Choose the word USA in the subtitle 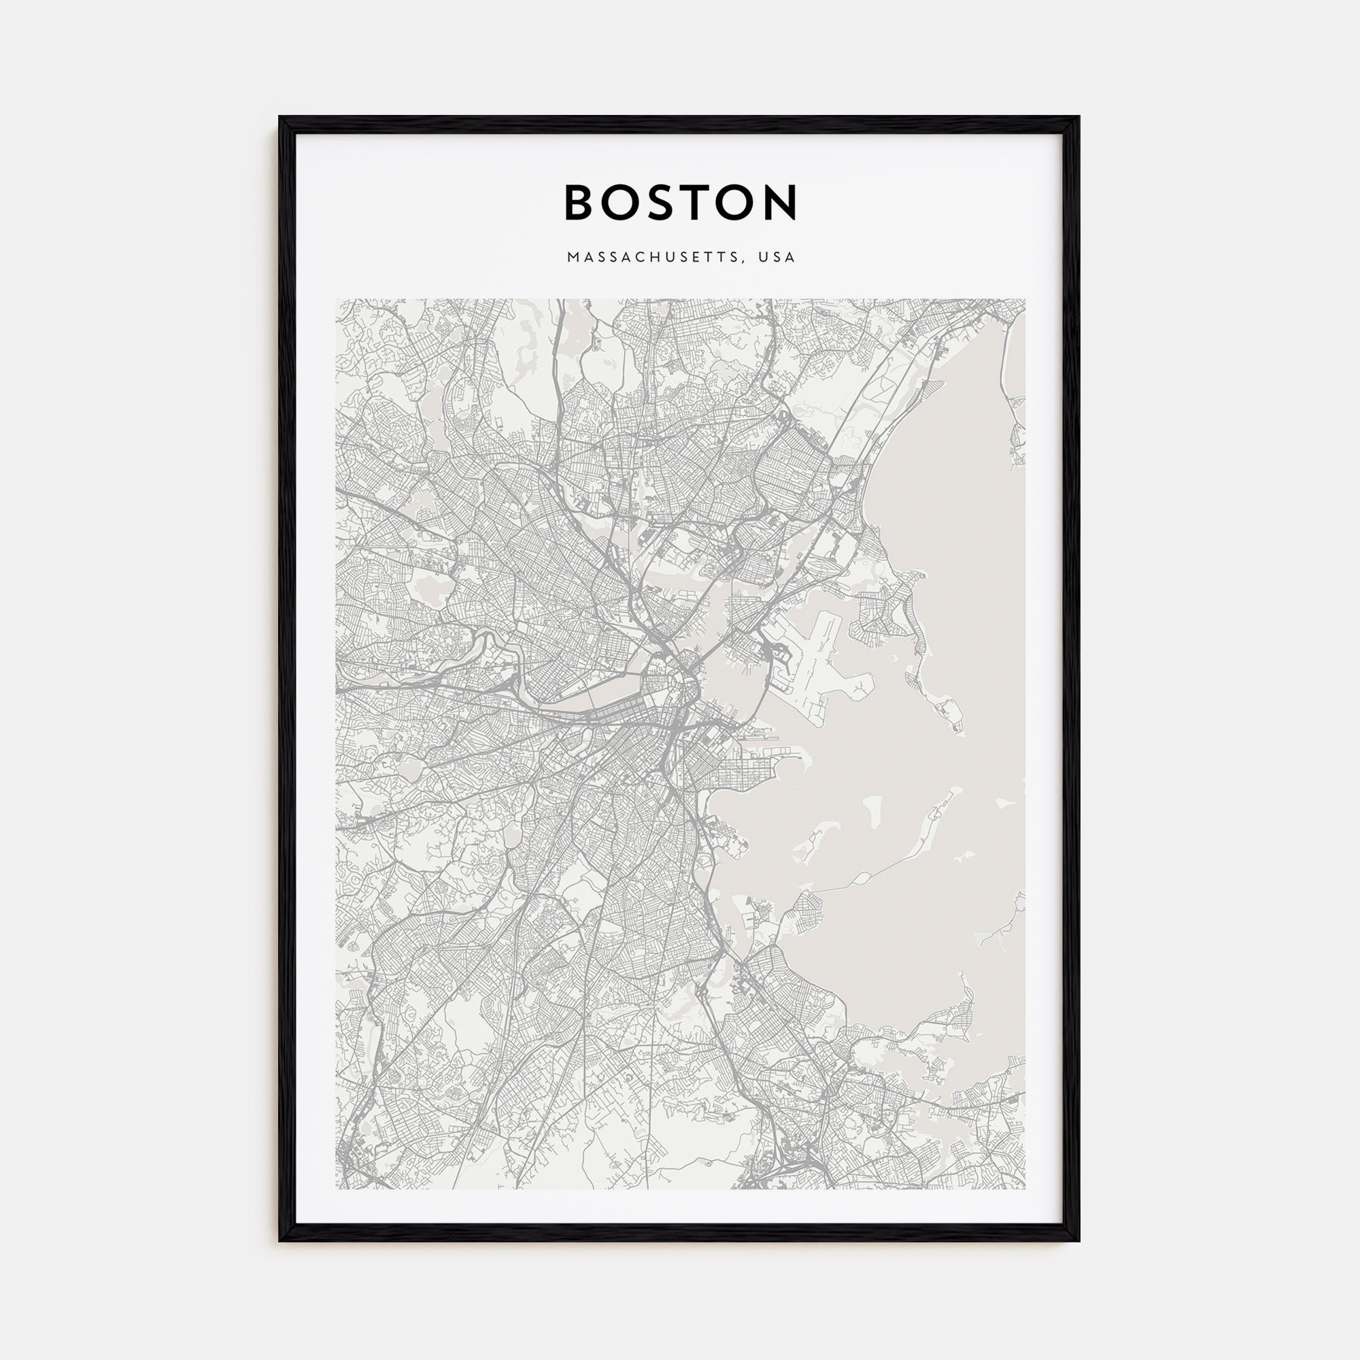tap(777, 258)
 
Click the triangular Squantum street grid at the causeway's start tap(802, 908)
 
